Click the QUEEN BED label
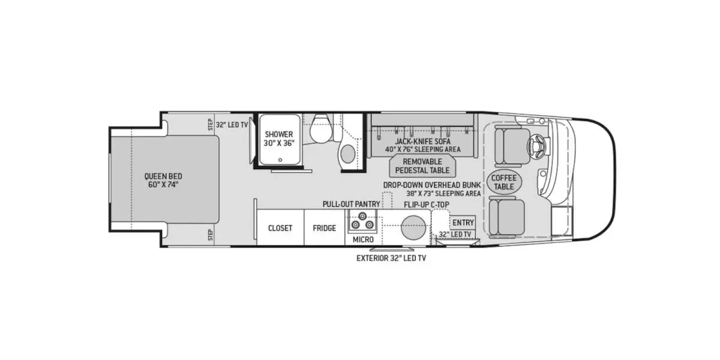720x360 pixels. pos(163,180)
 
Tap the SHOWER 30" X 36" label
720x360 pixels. pos(279,139)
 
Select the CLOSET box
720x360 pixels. pos(280,228)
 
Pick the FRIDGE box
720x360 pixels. pos(325,228)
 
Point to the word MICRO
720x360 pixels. pos(363,239)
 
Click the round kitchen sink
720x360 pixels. pos(413,229)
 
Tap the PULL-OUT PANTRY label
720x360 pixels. pos(351,204)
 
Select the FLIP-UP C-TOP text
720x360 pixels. pos(427,204)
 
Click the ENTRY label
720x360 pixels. pos(463,223)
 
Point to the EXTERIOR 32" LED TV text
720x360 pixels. pos(391,259)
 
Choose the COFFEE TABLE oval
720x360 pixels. pos(504,182)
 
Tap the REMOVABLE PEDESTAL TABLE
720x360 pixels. pos(422,166)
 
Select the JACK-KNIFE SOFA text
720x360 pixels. pos(422,141)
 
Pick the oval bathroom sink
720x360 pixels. pos(347,154)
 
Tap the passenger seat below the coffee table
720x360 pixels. pos(507,217)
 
